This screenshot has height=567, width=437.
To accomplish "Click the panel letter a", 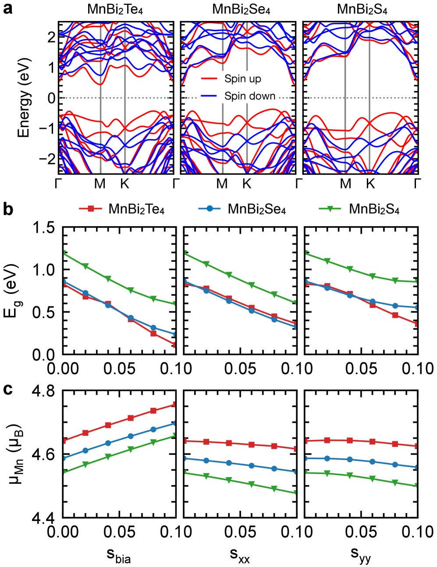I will [x=7, y=8].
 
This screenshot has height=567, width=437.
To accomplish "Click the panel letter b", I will [x=8, y=209].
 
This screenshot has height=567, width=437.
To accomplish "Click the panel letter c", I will [x=7, y=389].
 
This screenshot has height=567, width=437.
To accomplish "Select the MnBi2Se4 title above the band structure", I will [x=241, y=10].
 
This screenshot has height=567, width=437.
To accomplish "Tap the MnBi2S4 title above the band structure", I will [x=362, y=10].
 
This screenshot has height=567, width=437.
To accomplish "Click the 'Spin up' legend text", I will [x=242, y=79].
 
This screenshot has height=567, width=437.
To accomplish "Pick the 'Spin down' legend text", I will [x=250, y=96].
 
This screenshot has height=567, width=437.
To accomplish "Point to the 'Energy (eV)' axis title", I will [x=24, y=97].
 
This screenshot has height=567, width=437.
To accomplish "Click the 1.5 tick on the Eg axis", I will [x=44, y=228].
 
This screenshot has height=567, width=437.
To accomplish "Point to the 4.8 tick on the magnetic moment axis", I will [x=44, y=390].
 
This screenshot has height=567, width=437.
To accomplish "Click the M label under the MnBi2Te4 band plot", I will [x=100, y=184].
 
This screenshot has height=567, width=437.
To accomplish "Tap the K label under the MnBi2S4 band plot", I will [x=370, y=184].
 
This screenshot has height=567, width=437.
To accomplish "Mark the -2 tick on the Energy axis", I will [x=48, y=159].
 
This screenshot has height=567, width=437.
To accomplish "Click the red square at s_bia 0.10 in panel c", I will [x=174, y=404].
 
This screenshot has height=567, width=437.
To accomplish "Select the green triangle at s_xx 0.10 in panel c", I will [x=296, y=493].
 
